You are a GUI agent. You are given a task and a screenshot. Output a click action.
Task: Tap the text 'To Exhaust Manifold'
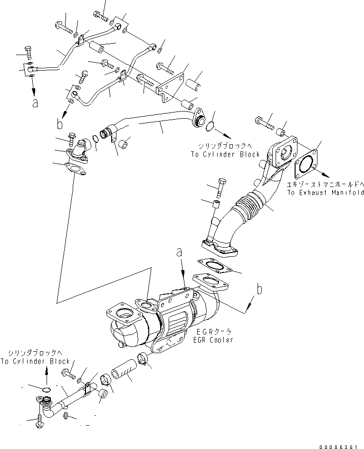[325, 193]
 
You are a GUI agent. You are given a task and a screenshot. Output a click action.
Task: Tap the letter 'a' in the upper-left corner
[35, 103]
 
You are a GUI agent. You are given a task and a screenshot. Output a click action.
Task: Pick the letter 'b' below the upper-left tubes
[59, 125]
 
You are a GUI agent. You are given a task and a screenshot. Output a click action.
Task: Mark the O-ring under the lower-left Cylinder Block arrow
[46, 390]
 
